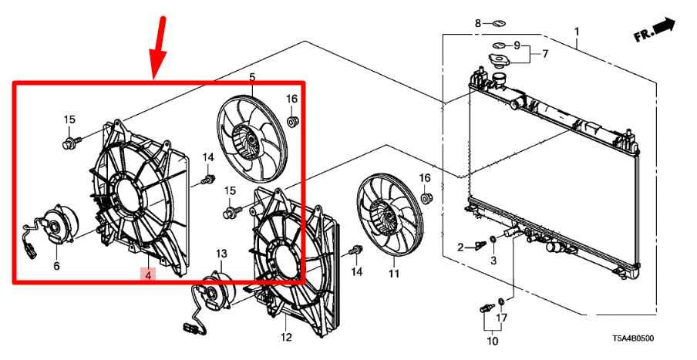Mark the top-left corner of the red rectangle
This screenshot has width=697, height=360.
coord(14,82)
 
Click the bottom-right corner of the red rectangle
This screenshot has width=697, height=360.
coord(304,281)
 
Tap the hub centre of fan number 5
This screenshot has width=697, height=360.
coord(251,141)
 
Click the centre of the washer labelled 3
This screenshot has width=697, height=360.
coord(493,240)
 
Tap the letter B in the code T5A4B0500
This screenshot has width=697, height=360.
coord(634,339)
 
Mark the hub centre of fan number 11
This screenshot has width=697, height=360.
coord(389,215)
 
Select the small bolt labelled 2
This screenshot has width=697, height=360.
coord(480,245)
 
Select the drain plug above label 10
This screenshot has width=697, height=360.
coord(487,308)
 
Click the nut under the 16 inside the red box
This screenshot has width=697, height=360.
coord(292,120)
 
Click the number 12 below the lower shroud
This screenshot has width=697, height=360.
coord(286,337)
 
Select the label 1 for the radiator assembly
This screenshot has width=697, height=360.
coord(577,32)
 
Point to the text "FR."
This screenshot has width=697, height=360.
coord(644,34)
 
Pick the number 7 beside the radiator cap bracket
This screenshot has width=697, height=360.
coord(545,54)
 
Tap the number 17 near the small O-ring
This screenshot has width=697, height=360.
coord(501,318)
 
